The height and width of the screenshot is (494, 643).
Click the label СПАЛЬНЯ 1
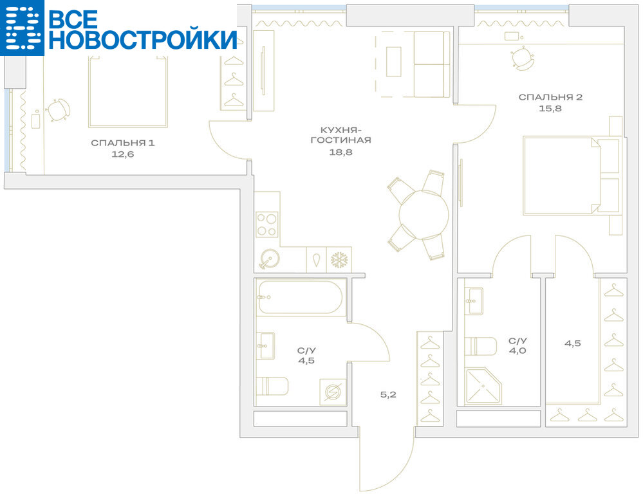coord(122,143)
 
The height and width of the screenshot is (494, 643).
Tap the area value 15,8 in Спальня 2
coord(550,109)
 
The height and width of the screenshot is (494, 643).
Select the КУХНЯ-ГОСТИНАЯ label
coord(340,135)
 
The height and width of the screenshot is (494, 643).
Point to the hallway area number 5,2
coord(388,395)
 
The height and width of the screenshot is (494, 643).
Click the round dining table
coord(424,214)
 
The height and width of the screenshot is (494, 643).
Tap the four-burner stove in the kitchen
coord(267,224)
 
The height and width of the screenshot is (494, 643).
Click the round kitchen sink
coord(270,259)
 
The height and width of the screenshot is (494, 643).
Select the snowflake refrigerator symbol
coord(339,260)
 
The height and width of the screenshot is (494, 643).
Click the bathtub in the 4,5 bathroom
coord(300,298)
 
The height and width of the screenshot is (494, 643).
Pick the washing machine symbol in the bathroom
coord(333,392)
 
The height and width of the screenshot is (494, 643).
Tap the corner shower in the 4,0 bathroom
coord(483,386)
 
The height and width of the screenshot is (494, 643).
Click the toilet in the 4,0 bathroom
coord(480,347)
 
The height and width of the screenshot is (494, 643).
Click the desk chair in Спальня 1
coord(58,110)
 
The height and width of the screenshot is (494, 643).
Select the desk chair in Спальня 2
coord(523,59)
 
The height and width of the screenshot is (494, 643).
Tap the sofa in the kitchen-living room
coord(431,65)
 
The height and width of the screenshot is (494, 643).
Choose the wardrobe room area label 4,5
coord(572,343)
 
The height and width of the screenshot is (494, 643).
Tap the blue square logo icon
coord(22,28)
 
